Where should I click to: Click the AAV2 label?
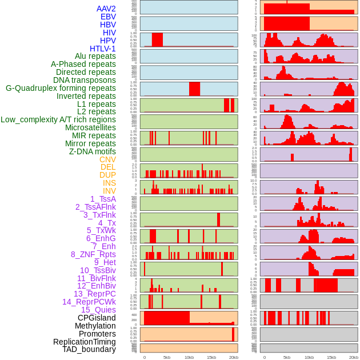pos(106,9)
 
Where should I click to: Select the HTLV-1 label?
pos(102,49)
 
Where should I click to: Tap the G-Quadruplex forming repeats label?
pos(61,88)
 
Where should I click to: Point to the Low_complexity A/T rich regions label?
pos(58,119)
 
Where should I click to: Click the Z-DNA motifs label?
pos(92,151)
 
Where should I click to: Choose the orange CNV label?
pos(107,159)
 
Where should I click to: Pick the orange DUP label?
pos(107,175)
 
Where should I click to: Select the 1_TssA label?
pos(103,199)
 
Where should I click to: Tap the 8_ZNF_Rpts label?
pos(93,254)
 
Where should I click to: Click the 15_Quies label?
pos(98,310)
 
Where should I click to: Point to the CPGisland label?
pos(97,318)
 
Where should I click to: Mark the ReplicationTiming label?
pos(84,342)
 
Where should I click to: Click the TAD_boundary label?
pos(89,349)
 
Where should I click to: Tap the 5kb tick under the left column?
pos(167,357)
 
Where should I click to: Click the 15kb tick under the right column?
pos(331,357)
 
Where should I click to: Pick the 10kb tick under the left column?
pos(189,357)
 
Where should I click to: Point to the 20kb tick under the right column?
pos(354,357)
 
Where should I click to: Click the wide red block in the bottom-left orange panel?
pos(166,318)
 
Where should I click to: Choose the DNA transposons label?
pos(84,80)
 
